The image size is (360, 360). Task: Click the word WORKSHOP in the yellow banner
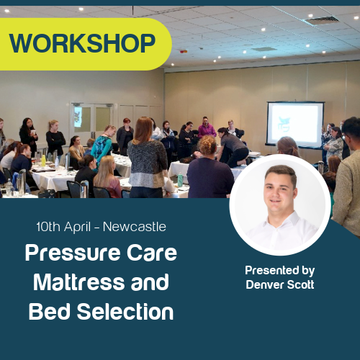tap(83, 44)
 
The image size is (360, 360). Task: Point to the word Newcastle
tap(135, 227)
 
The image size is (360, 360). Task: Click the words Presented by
tap(279, 271)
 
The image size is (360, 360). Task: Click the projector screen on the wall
tap(294, 125)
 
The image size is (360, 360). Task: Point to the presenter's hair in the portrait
tap(281, 174)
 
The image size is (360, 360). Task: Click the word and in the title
tap(149, 282)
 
